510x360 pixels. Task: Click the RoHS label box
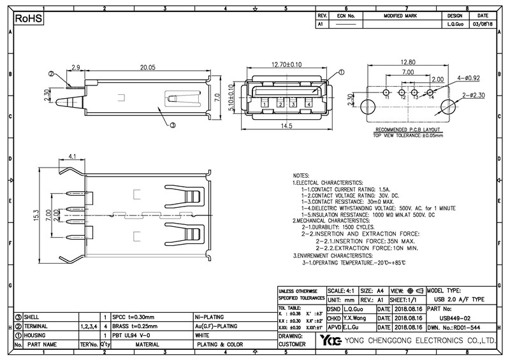point(29,19)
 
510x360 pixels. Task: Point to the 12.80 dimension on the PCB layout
point(407,62)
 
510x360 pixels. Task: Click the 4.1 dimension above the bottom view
point(72,156)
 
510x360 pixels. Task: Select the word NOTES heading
point(300,175)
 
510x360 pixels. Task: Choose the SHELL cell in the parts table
point(32,317)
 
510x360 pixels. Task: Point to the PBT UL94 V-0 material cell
point(131,335)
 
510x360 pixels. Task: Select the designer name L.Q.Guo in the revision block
point(455,24)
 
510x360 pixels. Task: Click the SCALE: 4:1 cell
point(342,290)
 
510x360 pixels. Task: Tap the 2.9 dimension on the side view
point(75,67)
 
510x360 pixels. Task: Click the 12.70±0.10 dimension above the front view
point(277,65)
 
